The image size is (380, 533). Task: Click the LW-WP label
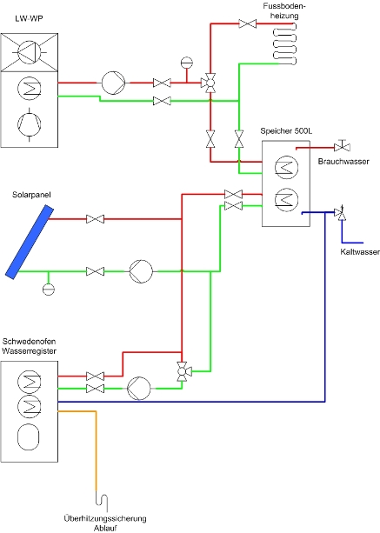click(29, 19)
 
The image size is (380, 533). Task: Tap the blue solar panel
click(30, 242)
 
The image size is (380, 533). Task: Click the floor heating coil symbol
click(285, 44)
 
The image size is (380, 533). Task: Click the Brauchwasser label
click(343, 162)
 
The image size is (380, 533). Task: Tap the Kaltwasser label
click(360, 252)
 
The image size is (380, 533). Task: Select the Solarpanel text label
click(31, 195)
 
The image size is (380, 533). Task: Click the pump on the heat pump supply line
click(113, 83)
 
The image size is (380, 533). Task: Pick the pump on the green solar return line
click(141, 271)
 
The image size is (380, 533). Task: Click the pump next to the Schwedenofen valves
click(138, 388)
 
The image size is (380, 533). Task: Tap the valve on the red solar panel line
click(95, 219)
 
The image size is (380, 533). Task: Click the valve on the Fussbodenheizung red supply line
click(248, 23)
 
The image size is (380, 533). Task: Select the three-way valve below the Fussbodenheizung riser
click(210, 83)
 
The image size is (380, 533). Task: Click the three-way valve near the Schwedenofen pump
click(183, 371)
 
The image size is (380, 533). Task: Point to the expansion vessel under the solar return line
click(49, 290)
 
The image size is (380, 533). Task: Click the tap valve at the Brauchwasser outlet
click(342, 146)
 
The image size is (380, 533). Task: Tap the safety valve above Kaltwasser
click(341, 213)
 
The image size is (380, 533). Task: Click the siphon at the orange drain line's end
click(102, 500)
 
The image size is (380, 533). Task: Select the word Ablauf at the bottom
click(105, 529)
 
